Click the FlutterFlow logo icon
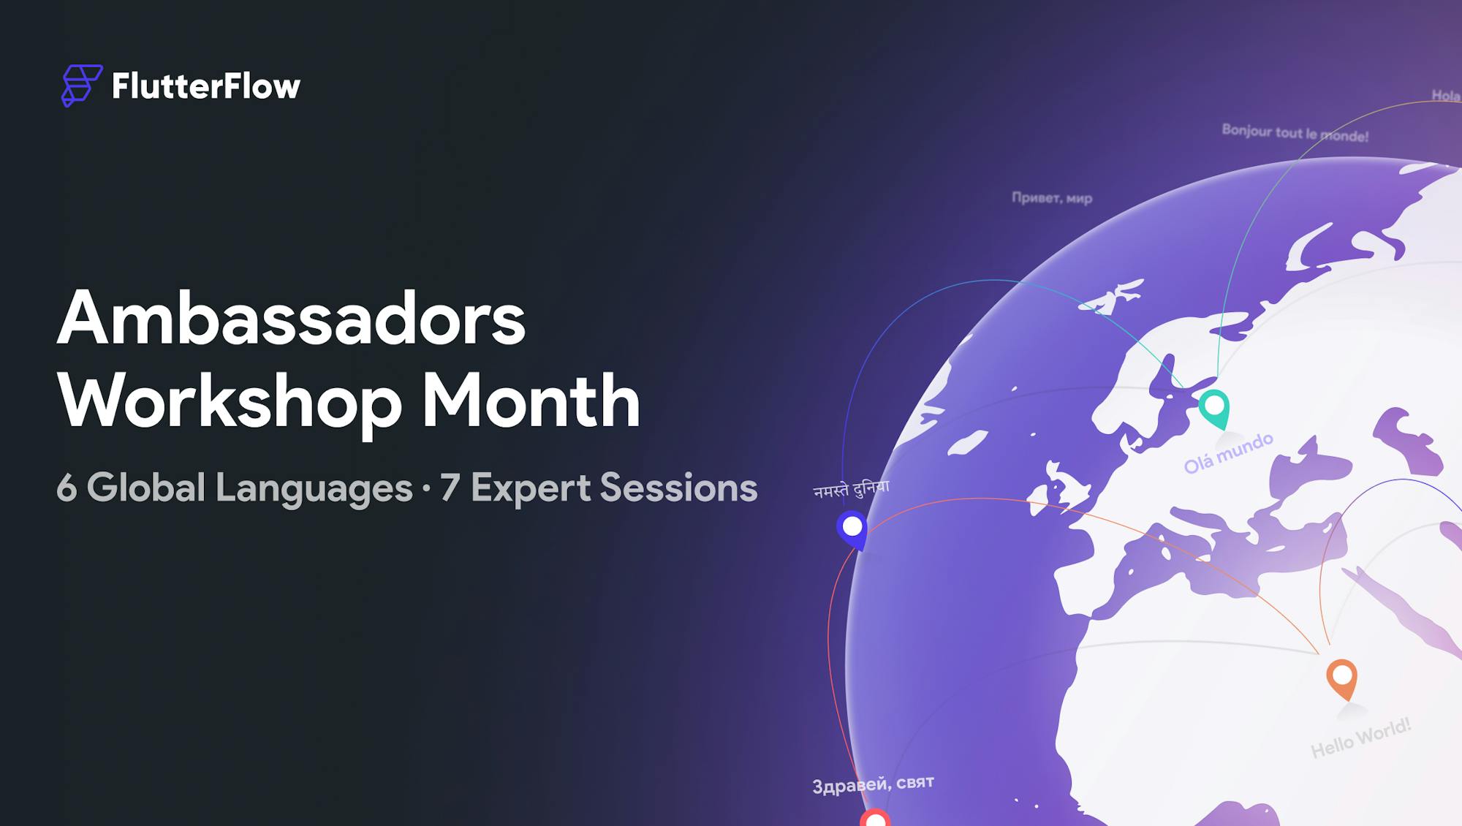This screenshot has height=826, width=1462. [82, 86]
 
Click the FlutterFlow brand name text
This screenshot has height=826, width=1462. [206, 86]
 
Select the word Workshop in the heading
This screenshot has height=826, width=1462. [230, 402]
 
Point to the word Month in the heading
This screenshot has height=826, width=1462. [531, 400]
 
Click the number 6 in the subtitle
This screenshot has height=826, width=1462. [67, 488]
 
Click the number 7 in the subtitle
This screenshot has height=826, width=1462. [450, 488]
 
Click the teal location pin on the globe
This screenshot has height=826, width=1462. [1214, 409]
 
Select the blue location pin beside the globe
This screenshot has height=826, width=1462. [852, 529]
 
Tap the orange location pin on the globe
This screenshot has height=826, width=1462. [1342, 679]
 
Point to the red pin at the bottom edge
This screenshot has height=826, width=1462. [874, 817]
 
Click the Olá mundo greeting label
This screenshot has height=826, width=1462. [1229, 452]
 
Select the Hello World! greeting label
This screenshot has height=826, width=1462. [1360, 738]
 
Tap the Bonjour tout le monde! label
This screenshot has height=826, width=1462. [1295, 133]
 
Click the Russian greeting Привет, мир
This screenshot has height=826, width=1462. [1052, 197]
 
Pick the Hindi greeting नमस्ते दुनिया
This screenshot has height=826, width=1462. [852, 488]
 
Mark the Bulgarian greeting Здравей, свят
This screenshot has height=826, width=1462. [873, 784]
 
